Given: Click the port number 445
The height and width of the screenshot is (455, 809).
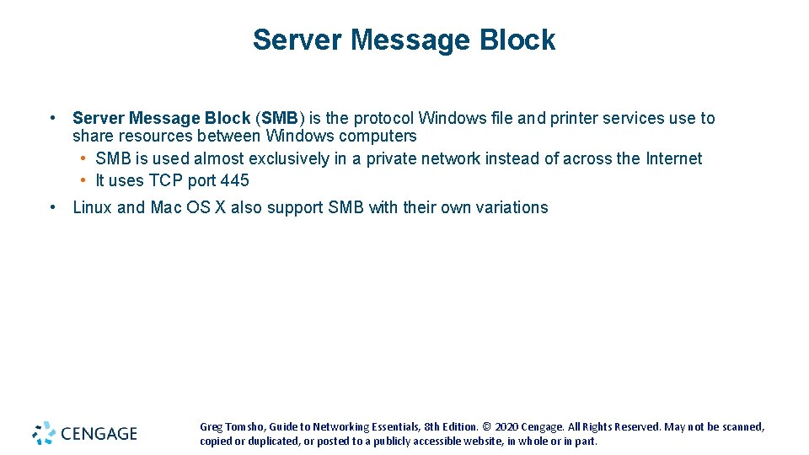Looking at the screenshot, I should click(234, 180).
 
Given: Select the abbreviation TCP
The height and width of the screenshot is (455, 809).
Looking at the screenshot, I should click(166, 180).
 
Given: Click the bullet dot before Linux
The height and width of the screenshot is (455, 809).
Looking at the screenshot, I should click(52, 207).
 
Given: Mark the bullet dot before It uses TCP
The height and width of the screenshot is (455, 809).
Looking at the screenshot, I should click(85, 180).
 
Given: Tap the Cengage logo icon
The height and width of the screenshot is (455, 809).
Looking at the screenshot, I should click(44, 433).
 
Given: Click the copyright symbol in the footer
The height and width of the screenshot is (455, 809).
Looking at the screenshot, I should click(487, 427).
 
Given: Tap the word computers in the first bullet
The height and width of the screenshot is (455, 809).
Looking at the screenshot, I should click(378, 136).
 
